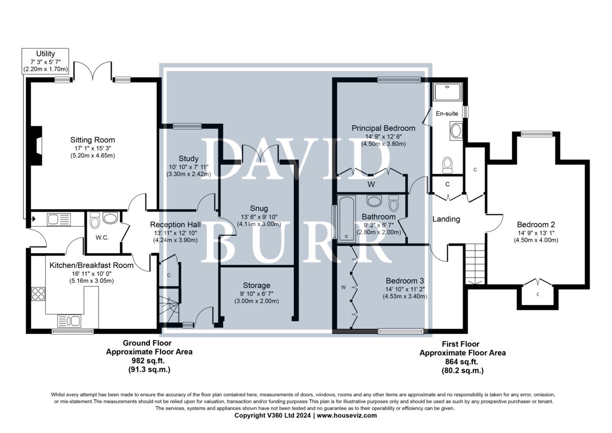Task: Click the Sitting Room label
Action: click(92, 140)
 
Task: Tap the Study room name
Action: click(189, 159)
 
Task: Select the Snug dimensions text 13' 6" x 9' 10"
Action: click(259, 217)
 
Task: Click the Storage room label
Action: click(257, 285)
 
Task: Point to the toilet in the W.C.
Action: click(95, 220)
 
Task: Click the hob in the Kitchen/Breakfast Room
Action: click(38, 294)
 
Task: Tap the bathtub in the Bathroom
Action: click(346, 219)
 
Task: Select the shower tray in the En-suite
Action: click(448, 92)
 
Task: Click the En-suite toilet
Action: click(447, 165)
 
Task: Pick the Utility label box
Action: click(45, 61)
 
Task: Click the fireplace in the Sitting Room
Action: click(37, 146)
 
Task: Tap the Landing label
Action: click(446, 219)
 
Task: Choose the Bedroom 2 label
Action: click(536, 225)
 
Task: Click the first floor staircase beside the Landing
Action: click(475, 264)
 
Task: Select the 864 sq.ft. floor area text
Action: click(462, 362)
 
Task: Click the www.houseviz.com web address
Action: click(347, 416)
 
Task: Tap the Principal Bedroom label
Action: click(384, 128)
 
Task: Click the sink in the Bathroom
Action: click(374, 201)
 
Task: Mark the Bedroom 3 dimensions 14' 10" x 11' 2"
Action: click(405, 289)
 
